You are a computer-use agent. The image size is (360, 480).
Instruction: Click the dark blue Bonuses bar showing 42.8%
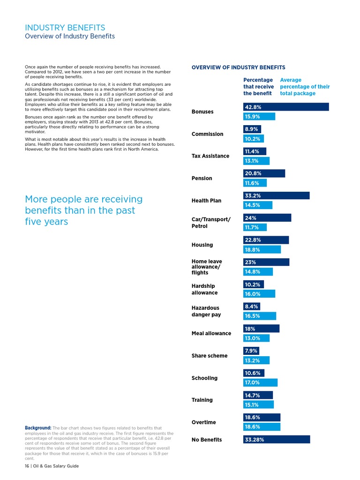click(286, 107)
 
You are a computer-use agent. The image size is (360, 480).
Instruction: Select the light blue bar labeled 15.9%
click(259, 116)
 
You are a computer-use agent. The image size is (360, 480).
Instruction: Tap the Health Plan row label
click(206, 201)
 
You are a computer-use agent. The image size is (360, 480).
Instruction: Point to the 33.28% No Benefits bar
click(277, 439)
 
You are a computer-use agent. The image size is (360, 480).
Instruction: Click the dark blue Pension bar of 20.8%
click(264, 173)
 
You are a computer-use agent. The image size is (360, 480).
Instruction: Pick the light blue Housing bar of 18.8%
click(262, 249)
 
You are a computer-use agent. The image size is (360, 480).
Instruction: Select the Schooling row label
click(204, 378)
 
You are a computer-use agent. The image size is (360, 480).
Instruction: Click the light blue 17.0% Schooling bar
click(260, 382)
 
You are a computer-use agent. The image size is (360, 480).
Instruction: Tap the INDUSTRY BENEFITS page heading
click(65, 28)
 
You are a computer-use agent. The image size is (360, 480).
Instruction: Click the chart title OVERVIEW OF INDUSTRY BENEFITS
click(239, 67)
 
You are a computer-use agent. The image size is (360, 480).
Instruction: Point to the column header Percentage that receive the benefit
click(258, 87)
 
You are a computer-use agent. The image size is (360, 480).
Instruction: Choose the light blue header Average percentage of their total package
click(305, 87)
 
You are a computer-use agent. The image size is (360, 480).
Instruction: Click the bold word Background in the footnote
click(38, 428)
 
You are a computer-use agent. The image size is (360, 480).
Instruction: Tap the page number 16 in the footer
click(27, 466)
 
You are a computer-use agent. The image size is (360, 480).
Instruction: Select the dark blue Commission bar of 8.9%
click(252, 129)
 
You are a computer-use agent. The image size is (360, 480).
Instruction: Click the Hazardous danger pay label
click(206, 311)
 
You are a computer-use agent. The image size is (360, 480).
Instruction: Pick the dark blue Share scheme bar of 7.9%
click(251, 351)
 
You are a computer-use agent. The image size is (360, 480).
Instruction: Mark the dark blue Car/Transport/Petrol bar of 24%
click(267, 217)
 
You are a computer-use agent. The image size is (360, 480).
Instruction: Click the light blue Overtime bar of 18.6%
click(262, 427)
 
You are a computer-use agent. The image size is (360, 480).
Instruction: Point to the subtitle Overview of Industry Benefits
click(70, 36)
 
